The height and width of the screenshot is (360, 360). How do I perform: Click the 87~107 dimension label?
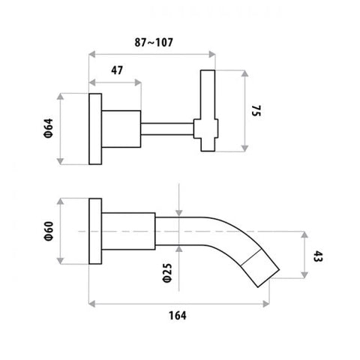154,42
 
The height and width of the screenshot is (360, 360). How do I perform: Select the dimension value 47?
117,70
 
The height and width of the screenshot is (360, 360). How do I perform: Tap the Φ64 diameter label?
49,128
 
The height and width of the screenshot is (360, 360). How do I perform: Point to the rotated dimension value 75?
256,111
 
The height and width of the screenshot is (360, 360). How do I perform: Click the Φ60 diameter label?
49,231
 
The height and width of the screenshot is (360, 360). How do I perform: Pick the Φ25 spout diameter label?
167,273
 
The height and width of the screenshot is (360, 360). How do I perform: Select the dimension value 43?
318,256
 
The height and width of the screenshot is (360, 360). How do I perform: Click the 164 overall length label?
178,316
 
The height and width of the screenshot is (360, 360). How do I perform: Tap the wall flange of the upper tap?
95,129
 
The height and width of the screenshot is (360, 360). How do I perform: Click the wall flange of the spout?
95,231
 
